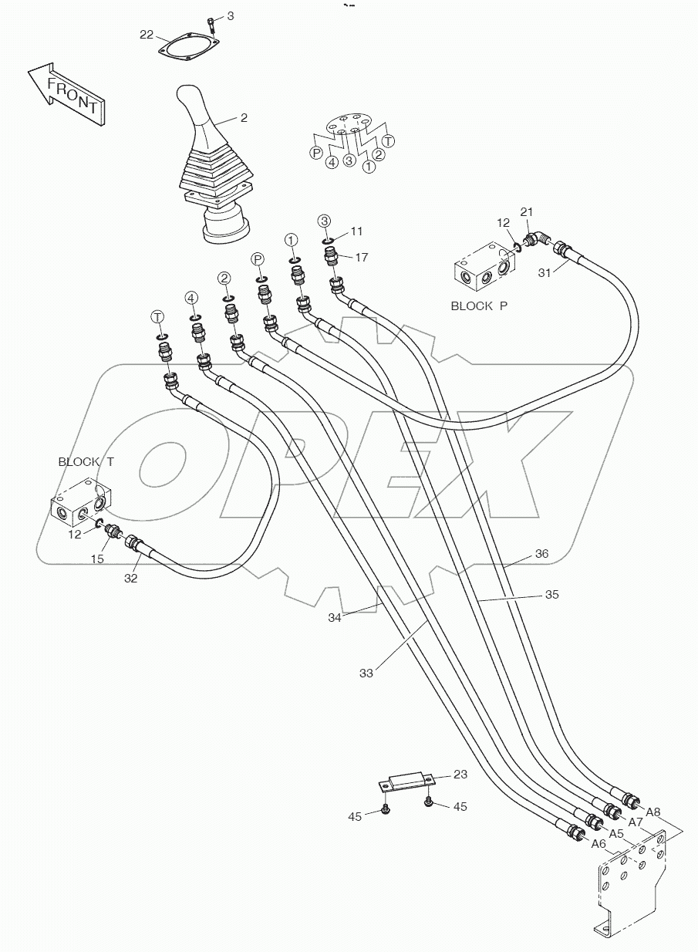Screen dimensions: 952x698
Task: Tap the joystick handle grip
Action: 194,116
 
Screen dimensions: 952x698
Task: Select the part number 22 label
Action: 147,34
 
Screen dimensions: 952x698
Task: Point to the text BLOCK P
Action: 479,306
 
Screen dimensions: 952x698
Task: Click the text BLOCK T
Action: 86,461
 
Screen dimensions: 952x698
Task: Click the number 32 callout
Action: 131,578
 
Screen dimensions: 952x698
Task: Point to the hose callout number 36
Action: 541,553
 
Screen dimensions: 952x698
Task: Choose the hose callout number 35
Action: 551,595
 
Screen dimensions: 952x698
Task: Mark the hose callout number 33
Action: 366,673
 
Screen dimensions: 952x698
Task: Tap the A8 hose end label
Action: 652,811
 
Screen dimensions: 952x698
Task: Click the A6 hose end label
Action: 598,843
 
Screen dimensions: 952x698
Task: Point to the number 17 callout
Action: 363,258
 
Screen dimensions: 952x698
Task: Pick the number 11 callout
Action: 356,231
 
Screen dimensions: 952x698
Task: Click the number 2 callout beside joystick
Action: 244,118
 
